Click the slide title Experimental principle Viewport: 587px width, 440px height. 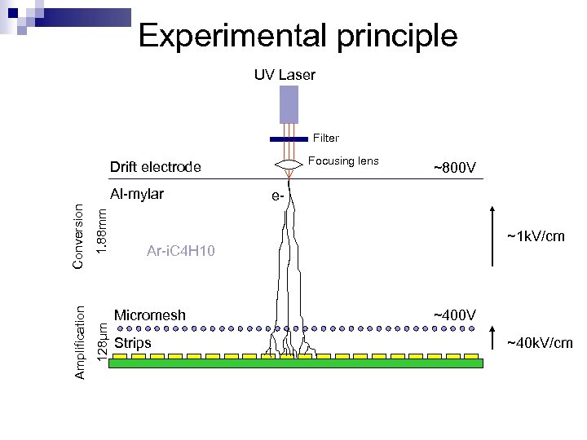(298, 36)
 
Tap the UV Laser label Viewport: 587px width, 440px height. (285, 75)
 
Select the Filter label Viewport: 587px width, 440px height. (326, 139)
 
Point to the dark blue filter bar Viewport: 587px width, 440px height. (289, 139)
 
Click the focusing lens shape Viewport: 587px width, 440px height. (289, 165)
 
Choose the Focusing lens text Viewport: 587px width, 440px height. (346, 161)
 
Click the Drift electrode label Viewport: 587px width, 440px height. (155, 168)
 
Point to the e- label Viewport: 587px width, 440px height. (279, 196)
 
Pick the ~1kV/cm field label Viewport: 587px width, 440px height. (536, 237)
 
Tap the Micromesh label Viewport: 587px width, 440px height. (150, 315)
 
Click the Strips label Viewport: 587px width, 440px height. (133, 343)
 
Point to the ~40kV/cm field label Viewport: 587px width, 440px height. (540, 343)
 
